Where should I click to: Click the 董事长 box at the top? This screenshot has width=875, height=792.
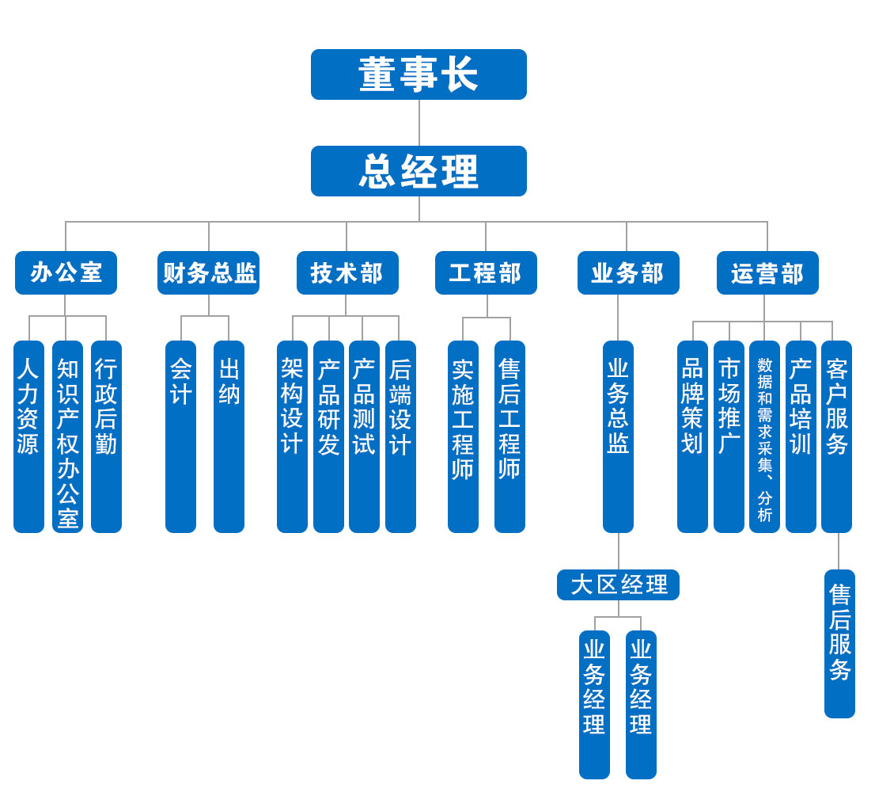coord(419,74)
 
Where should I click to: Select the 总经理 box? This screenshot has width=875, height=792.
coord(419,171)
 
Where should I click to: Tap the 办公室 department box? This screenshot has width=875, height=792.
coord(66,273)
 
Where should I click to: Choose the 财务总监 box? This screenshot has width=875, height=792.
coord(208,273)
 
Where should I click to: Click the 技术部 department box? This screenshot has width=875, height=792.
coord(347,273)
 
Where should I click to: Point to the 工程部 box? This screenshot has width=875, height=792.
coord(486,273)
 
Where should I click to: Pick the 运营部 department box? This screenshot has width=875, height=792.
coord(767,273)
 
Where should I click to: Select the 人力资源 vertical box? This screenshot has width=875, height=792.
coord(28,436)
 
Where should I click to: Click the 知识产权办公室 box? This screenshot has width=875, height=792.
coord(67,436)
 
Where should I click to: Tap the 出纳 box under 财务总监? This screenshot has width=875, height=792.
coord(229,436)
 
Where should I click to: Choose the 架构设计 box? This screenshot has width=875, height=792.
coord(292,436)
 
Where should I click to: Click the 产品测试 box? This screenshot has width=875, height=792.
coord(364,436)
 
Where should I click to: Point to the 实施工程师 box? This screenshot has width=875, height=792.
coord(463,436)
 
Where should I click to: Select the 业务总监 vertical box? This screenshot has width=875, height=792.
coord(618,436)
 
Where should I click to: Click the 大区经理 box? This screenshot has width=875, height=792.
coord(618,585)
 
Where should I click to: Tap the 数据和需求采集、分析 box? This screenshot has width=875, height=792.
coord(764,436)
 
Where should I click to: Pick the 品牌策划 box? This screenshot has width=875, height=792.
coord(692,436)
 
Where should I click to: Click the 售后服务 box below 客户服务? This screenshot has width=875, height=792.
coord(839,644)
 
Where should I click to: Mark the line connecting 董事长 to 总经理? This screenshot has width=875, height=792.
coord(419,123)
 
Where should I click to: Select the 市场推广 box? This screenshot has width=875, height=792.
coord(729,436)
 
